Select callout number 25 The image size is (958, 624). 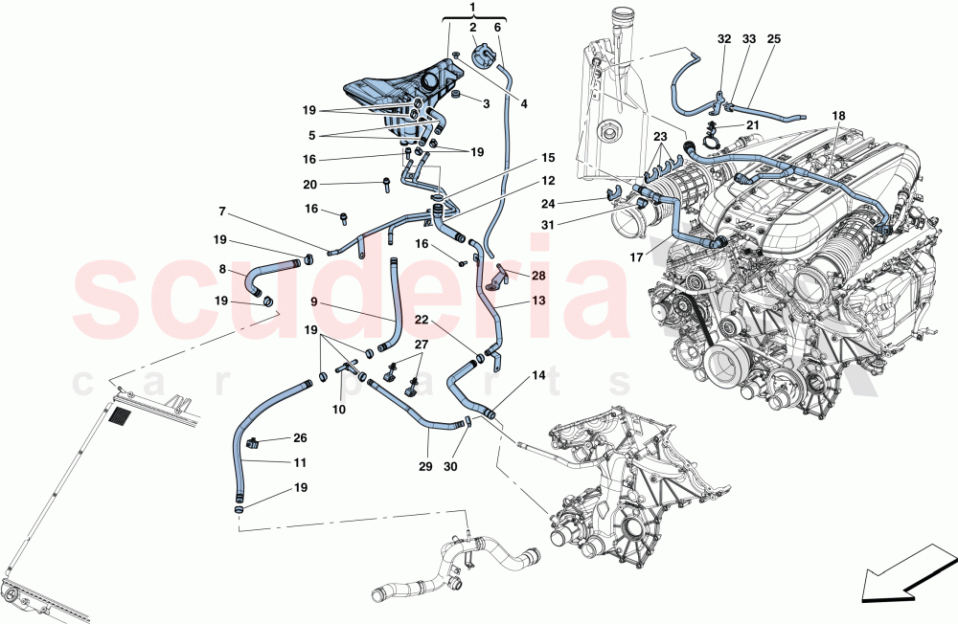pyautogui.click(x=774, y=39)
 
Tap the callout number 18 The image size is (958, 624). pyautogui.click(x=839, y=116)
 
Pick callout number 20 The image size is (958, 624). pyautogui.click(x=337, y=185)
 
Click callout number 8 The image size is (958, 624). pyautogui.click(x=222, y=270)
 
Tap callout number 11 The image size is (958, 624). pyautogui.click(x=300, y=462)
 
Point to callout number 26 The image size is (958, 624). pyautogui.click(x=300, y=438)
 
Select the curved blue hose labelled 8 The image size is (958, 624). pyautogui.click(x=263, y=276)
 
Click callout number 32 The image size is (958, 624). pyautogui.click(x=723, y=39)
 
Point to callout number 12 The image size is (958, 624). pyautogui.click(x=546, y=181)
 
